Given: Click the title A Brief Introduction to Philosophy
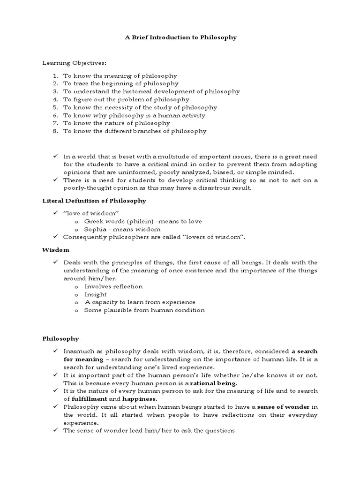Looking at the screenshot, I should [x=180, y=37].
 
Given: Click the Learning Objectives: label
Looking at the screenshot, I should [x=68, y=63].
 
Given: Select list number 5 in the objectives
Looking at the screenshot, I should [x=55, y=107].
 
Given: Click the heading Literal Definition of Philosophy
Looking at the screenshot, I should [x=94, y=201].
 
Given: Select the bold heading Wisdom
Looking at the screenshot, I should [x=56, y=250].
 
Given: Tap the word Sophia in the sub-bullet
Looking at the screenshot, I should [x=95, y=229].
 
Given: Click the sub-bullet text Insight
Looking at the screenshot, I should [x=95, y=294].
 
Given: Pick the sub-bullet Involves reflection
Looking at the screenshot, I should [x=113, y=286].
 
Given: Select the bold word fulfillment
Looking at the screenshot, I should [x=88, y=399].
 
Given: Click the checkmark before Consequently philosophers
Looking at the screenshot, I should [x=55, y=237].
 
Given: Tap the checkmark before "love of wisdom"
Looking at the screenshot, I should [x=55, y=213].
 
